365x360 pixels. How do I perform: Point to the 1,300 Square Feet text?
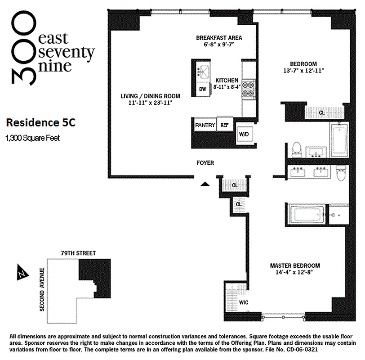(x=32, y=138)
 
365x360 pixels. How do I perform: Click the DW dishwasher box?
(x=203, y=89)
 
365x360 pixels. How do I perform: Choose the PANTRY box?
(x=205, y=125)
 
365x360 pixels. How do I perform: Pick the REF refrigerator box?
(x=224, y=125)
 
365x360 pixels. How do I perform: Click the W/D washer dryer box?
(x=244, y=134)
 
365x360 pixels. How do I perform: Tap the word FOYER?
(x=205, y=163)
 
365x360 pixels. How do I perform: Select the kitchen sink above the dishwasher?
(x=203, y=71)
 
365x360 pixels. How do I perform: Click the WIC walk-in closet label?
(x=243, y=302)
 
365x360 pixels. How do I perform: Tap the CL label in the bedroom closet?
(x=322, y=112)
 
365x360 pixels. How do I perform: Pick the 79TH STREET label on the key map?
(x=79, y=254)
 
